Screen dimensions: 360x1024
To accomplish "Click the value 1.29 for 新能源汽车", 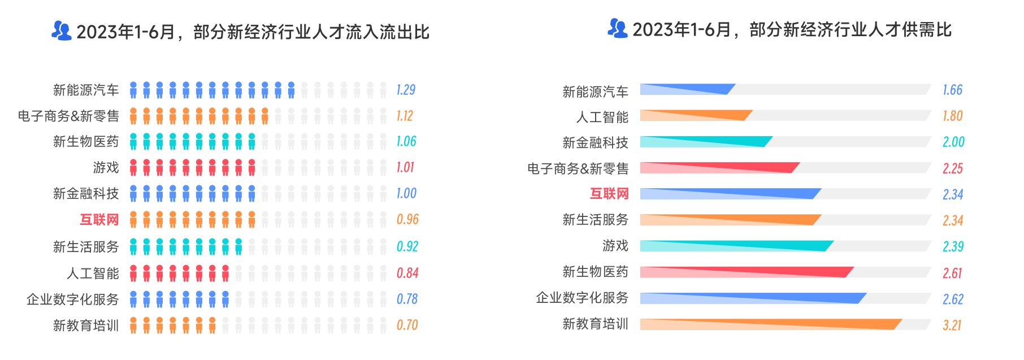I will pyautogui.click(x=406, y=90).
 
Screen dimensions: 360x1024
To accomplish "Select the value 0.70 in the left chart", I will pyautogui.click(x=407, y=325).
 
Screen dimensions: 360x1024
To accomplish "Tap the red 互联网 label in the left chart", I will pyautogui.click(x=99, y=219).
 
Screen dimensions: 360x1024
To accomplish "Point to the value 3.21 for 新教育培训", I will pyautogui.click(x=952, y=325).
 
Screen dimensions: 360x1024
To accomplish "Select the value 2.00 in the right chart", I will pyautogui.click(x=953, y=142).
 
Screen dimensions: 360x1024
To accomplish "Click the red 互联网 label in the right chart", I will pyautogui.click(x=609, y=194).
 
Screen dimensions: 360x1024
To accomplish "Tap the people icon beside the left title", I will pyautogui.click(x=61, y=31).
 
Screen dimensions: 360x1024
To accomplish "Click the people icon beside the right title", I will pyautogui.click(x=617, y=28).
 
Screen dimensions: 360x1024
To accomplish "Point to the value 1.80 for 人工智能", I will pyautogui.click(x=952, y=116).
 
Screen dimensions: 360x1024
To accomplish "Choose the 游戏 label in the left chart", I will pyautogui.click(x=106, y=167).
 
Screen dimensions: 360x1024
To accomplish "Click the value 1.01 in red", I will pyautogui.click(x=405, y=167).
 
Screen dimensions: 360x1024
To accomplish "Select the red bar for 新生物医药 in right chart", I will pyautogui.click(x=746, y=272).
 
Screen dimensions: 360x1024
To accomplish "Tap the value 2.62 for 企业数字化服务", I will pyautogui.click(x=953, y=299).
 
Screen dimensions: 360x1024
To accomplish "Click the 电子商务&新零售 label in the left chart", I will pyautogui.click(x=68, y=116).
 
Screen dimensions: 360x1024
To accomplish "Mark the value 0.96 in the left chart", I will pyautogui.click(x=407, y=219).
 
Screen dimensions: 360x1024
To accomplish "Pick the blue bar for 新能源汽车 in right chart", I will pyautogui.click(x=687, y=89).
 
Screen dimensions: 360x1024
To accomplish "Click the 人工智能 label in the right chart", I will pyautogui.click(x=602, y=117).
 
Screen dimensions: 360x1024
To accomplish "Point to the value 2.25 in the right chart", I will pyautogui.click(x=952, y=168).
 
